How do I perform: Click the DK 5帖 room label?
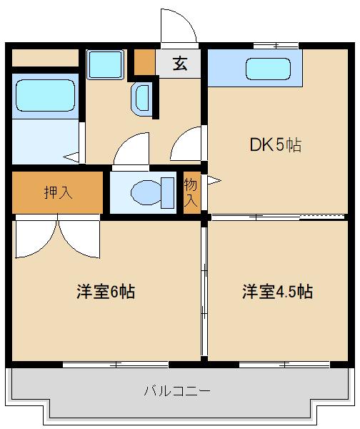coord(275,145)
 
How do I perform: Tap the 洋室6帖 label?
coord(106,292)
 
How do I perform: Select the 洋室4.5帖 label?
coord(276,292)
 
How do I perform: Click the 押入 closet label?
coord(57,192)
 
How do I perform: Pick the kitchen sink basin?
coord(268,69)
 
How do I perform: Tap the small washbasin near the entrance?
coord(140,98)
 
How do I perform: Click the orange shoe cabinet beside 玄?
coord(145,62)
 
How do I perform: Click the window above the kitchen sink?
coord(275,46)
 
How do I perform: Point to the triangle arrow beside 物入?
coord(211,182)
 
